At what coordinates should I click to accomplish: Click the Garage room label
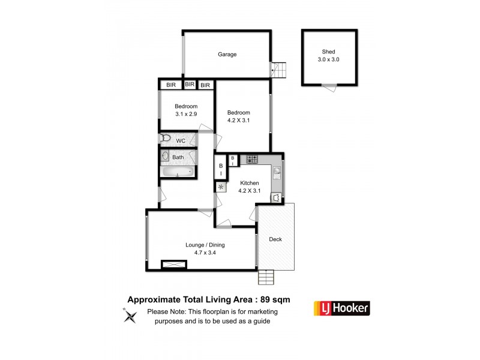point(227,55)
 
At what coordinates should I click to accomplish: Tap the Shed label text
point(328,52)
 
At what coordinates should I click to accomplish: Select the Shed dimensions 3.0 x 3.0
point(328,59)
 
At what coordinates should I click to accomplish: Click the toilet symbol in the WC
point(166,139)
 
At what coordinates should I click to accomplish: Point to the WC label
point(181,140)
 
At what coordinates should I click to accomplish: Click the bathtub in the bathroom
point(178,172)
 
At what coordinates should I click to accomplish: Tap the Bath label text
point(178,157)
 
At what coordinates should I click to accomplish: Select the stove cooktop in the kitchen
point(252,160)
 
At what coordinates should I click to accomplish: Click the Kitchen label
point(250,183)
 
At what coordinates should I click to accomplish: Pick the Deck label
point(275,239)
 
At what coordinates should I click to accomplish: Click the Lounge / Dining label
point(205,245)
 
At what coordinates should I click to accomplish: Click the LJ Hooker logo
point(342,308)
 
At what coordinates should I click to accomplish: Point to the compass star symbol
point(129,315)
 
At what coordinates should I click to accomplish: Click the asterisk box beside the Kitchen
point(220,187)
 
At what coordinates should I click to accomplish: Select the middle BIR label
point(190,85)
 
